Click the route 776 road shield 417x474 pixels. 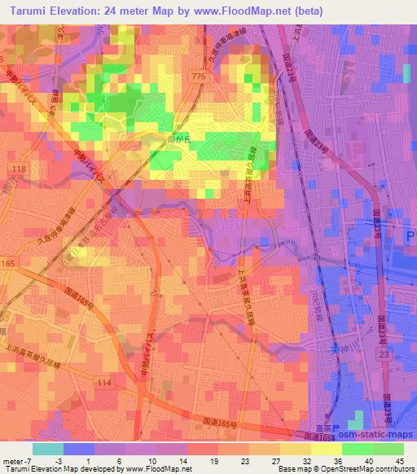click(x=219, y=76)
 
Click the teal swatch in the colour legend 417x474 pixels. click(x=48, y=449)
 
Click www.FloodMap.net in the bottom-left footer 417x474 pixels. click(x=160, y=468)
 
